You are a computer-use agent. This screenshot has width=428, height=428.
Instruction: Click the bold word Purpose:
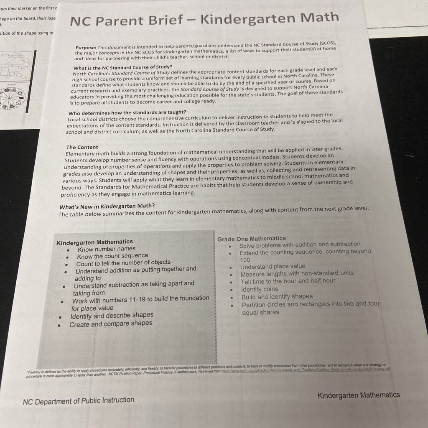[x=86, y=48]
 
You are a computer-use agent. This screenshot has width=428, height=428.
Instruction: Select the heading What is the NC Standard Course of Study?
[x=122, y=67]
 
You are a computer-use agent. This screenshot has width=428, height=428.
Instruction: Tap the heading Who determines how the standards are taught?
[x=127, y=112]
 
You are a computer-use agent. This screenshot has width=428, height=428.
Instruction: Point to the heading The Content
[x=82, y=147]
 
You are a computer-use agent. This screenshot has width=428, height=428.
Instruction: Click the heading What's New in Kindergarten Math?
[x=107, y=206]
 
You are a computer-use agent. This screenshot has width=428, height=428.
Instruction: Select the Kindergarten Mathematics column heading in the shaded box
[x=94, y=242]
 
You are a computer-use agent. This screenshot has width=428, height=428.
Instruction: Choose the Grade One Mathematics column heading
[x=252, y=239]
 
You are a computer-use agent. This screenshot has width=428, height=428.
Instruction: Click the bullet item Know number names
[x=106, y=249]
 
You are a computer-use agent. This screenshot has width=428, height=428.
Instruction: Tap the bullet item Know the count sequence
[x=112, y=255]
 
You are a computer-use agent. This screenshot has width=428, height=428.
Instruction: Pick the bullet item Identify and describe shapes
[x=112, y=315]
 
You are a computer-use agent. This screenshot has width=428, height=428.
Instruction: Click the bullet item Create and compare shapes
[x=111, y=324]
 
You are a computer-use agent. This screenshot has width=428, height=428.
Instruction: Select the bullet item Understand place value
[x=273, y=266]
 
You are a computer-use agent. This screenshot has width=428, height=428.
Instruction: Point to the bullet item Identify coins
[x=259, y=289]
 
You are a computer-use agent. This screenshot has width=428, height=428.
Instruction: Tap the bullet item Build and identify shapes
[x=277, y=297]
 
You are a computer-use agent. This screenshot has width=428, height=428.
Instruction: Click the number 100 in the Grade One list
[x=245, y=260]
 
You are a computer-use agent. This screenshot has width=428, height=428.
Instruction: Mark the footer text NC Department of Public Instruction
[x=79, y=401]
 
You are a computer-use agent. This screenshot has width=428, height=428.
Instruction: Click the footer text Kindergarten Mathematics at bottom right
[x=359, y=395]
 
